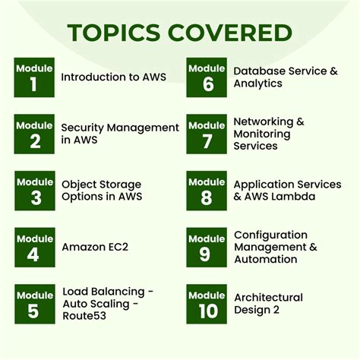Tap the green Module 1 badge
[33, 77]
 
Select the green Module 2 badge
[33, 134]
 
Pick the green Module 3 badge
[33, 190]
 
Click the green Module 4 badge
[33, 247]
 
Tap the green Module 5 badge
[33, 303]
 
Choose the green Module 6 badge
[206, 77]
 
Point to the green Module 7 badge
[206, 134]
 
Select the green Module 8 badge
[206, 190]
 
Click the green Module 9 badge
[206, 247]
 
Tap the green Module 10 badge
[206, 303]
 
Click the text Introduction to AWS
[103, 77]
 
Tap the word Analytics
[257, 84]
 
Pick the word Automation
[265, 259]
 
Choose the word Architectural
[267, 297]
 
